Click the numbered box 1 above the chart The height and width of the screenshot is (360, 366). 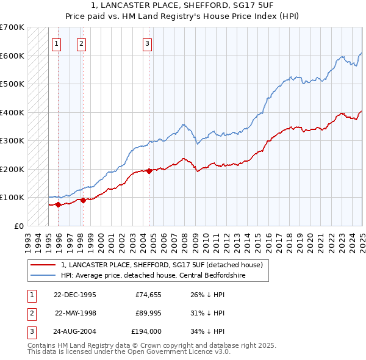56,43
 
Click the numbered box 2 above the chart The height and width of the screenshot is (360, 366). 81,43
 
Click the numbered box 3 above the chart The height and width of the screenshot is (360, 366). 148,43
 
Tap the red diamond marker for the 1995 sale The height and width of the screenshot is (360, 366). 59,205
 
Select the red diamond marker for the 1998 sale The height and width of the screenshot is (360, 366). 83,200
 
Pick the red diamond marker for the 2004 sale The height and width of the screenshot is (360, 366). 149,171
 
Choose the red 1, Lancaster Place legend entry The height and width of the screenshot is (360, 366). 162,265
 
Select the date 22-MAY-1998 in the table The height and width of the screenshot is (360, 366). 75,313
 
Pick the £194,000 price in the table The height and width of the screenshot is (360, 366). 146,331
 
